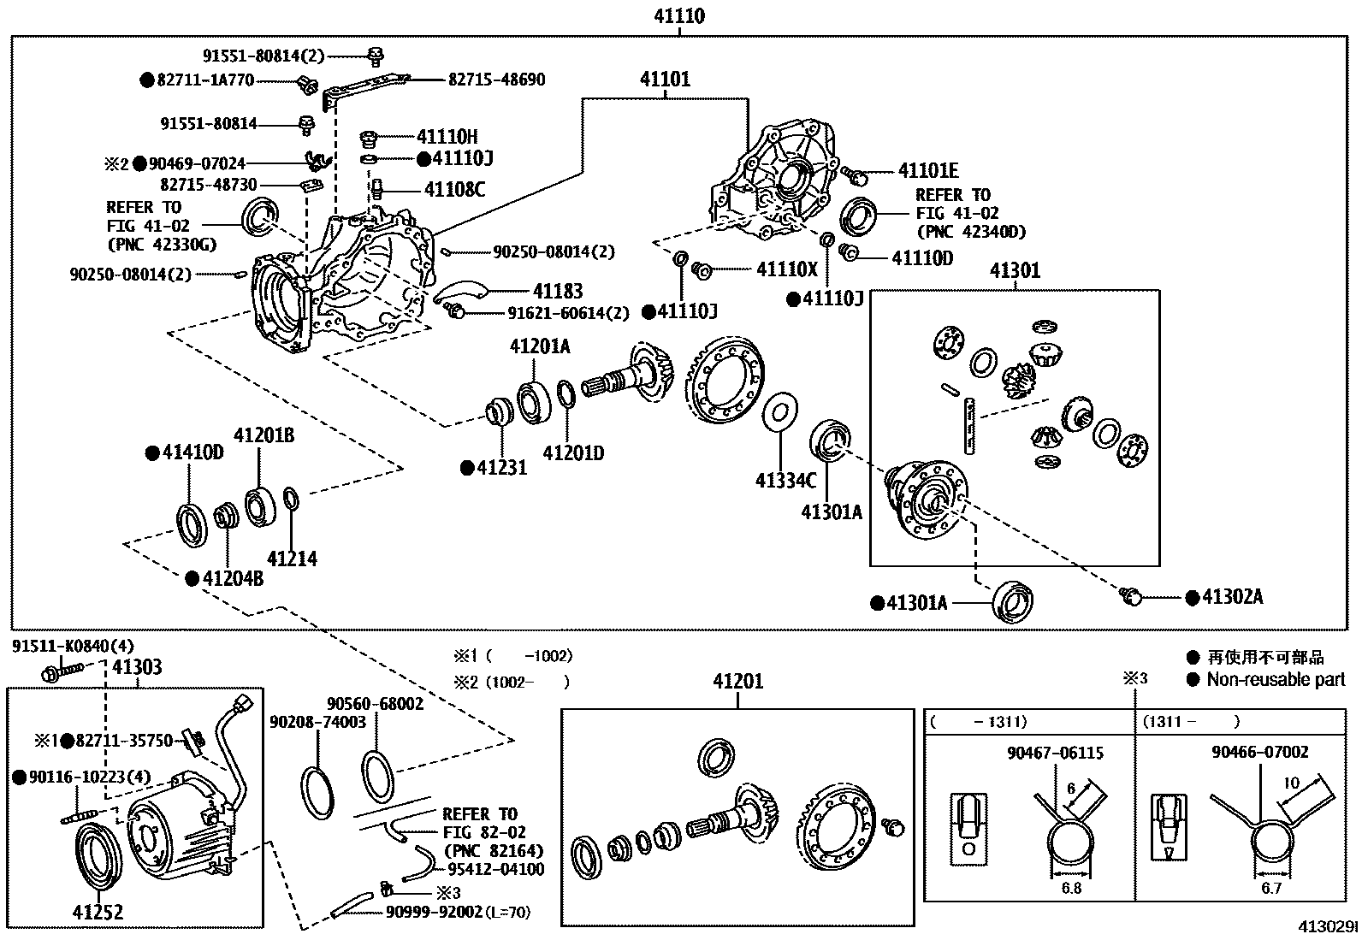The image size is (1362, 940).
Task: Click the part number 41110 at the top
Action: point(679,15)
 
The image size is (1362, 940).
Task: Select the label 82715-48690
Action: point(496,80)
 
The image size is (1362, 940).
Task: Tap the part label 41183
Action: point(557,292)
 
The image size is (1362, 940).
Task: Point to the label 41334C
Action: point(785,480)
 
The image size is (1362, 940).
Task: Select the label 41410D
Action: point(192,452)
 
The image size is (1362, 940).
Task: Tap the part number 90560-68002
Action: point(375,703)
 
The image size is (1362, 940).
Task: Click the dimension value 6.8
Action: point(1070,888)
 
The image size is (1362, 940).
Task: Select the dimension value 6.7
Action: point(1270,888)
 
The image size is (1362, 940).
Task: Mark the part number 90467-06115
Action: point(1055,753)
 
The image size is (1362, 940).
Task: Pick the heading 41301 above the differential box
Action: point(1015,270)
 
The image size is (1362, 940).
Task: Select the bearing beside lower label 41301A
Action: point(1015,601)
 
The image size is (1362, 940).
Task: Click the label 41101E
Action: point(928,172)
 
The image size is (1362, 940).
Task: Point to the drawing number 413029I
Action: point(1325,927)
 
